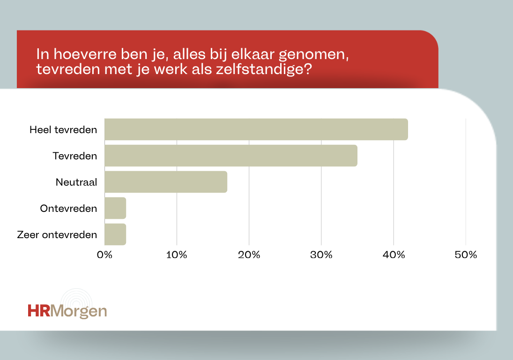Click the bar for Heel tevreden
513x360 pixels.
[256, 129]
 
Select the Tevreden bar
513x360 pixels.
[230, 156]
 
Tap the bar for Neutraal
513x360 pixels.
[166, 182]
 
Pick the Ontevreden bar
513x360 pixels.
[115, 208]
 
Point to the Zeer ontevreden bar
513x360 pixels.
[115, 234]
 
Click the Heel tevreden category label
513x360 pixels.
[63, 129]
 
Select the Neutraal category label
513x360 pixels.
[76, 182]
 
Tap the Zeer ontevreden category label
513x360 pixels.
[57, 234]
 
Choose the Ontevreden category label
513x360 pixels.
[69, 208]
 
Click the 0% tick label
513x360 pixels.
[104, 255]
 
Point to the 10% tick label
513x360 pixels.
[177, 255]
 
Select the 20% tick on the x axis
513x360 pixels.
[249, 255]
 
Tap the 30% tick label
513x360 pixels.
[321, 255]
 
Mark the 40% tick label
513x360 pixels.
[394, 255]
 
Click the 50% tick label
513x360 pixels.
[466, 255]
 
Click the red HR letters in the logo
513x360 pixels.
[38, 311]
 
